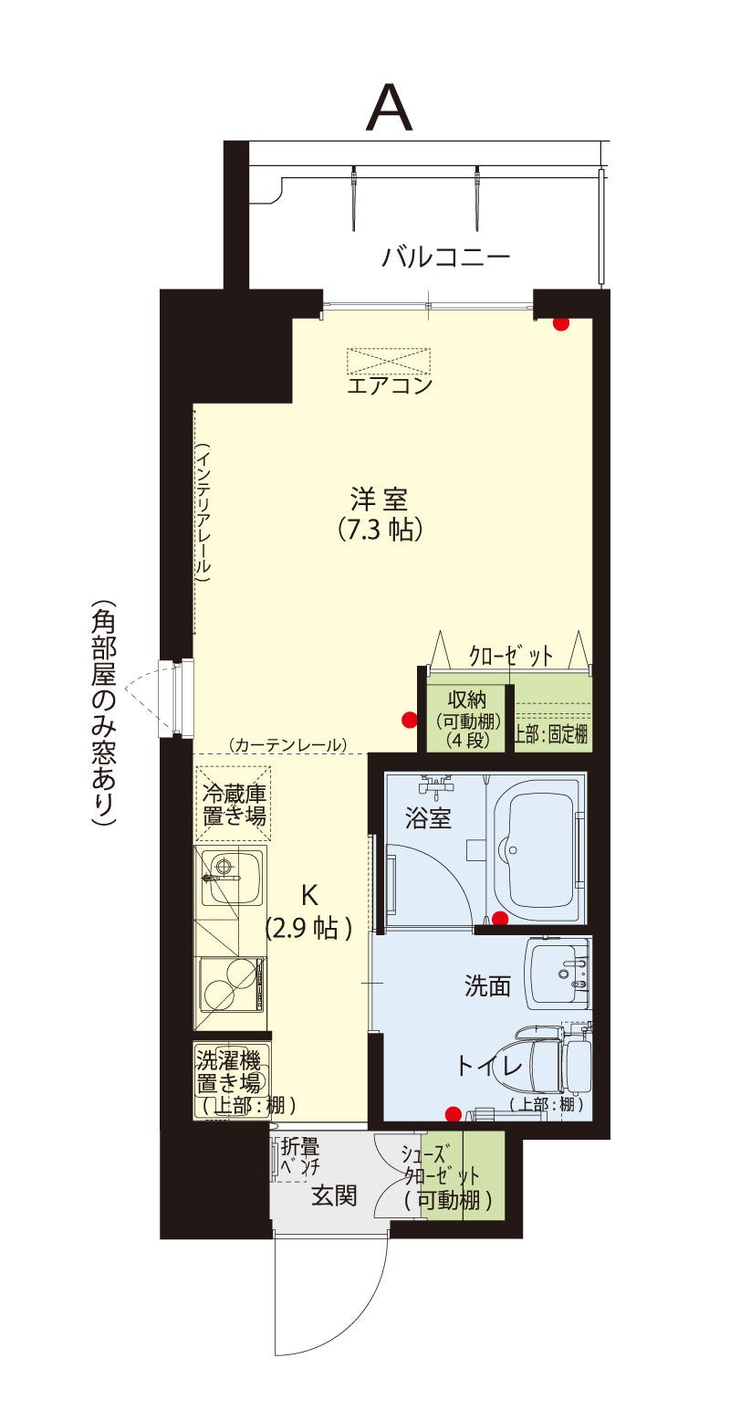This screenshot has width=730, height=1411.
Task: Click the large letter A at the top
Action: point(389,109)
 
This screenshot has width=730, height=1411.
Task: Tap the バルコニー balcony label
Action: point(445,257)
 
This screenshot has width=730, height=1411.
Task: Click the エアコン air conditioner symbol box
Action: point(389,362)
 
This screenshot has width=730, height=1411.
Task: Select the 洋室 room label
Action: point(379,500)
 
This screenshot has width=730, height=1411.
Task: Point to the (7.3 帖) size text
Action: point(379,529)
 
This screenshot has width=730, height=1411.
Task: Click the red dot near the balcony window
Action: point(560,324)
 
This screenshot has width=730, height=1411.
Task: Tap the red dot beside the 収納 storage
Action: point(410,719)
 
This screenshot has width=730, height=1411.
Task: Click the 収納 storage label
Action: point(467,700)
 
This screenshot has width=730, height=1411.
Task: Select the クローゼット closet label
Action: point(511,657)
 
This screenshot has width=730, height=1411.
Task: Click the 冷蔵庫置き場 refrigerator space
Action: point(233,803)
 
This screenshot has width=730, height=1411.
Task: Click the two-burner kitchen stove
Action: point(232,984)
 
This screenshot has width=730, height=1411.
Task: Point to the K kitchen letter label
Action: point(309,894)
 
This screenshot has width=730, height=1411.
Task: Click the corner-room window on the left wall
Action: point(176,699)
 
